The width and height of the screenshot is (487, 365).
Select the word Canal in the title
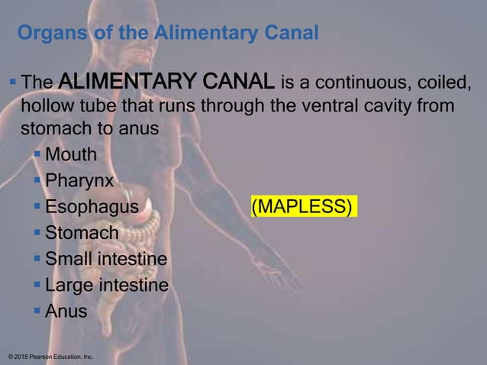288,34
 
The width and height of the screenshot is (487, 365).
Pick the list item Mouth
71,155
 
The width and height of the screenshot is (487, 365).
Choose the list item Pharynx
79,181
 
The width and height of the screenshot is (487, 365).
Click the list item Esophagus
92,207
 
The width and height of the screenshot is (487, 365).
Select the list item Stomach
82,233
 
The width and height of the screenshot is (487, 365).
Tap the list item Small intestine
106,259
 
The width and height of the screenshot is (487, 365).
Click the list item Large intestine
107,286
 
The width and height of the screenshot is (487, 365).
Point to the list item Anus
66,312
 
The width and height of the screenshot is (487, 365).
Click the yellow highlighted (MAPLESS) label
302,207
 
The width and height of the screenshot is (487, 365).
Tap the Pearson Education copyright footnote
50,357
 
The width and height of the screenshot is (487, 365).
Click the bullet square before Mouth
38,155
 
